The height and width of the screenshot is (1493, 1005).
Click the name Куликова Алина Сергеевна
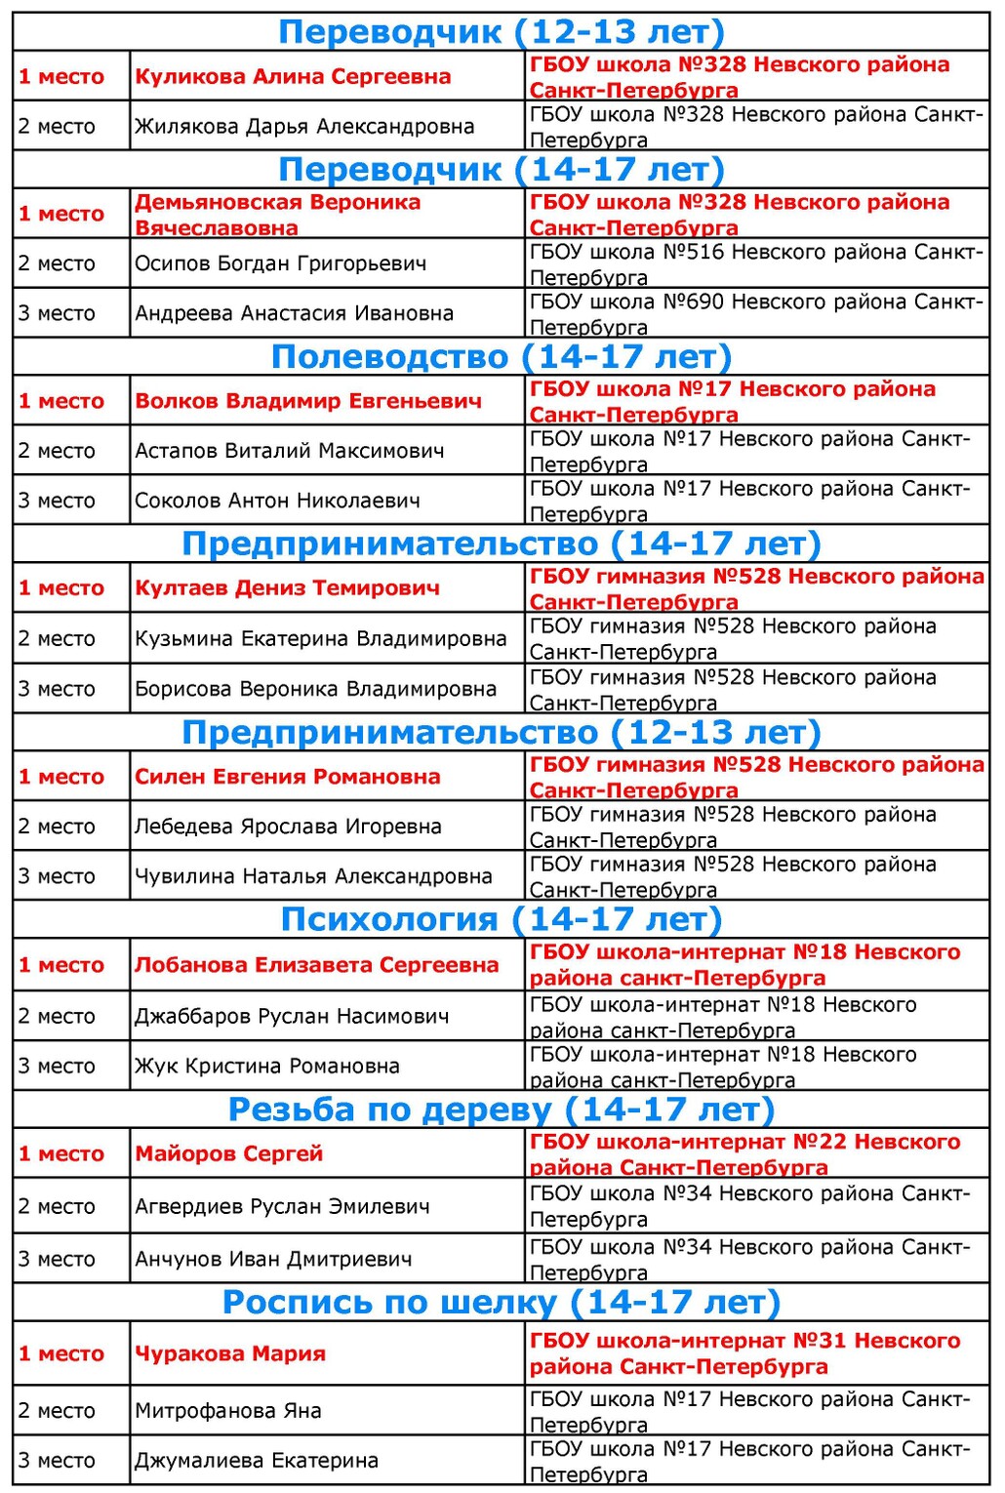point(293,76)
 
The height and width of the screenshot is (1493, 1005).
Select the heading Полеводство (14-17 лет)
point(501,357)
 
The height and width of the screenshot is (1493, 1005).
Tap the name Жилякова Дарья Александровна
point(304,126)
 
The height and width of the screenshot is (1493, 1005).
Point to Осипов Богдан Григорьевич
point(280,263)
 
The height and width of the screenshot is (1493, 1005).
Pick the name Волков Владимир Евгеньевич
point(308,401)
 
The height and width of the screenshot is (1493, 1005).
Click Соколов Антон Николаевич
point(277,501)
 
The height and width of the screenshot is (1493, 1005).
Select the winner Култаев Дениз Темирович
point(287,588)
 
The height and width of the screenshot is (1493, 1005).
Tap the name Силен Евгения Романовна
point(287,777)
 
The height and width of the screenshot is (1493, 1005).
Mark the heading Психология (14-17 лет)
point(501,919)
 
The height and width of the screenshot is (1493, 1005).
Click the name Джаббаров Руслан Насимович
point(292,1016)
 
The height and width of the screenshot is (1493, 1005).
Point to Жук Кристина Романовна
point(266,1066)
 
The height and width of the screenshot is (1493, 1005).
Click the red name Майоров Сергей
point(228,1153)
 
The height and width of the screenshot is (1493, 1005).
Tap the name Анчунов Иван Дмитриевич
point(273,1259)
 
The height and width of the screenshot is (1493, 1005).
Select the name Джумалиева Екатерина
point(256,1461)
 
